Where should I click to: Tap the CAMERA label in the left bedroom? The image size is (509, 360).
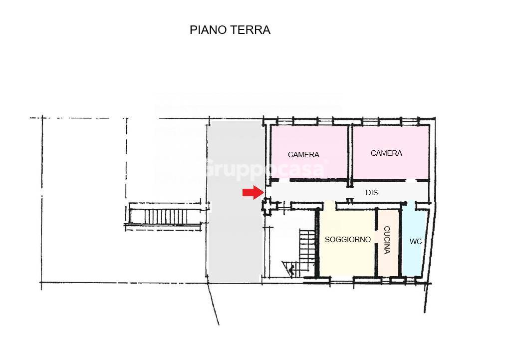tap(303, 155)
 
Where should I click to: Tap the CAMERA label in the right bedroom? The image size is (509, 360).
tap(386, 153)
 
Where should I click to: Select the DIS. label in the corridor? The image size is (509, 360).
tap(372, 192)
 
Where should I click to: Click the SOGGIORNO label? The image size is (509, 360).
tap(348, 240)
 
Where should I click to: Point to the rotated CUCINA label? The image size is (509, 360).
tap(387, 241)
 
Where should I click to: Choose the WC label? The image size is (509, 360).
tap(416, 242)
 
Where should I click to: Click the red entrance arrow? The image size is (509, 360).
tap(253, 193)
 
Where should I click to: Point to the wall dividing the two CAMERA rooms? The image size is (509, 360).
tap(350, 152)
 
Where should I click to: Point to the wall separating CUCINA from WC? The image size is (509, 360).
tap(401, 242)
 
